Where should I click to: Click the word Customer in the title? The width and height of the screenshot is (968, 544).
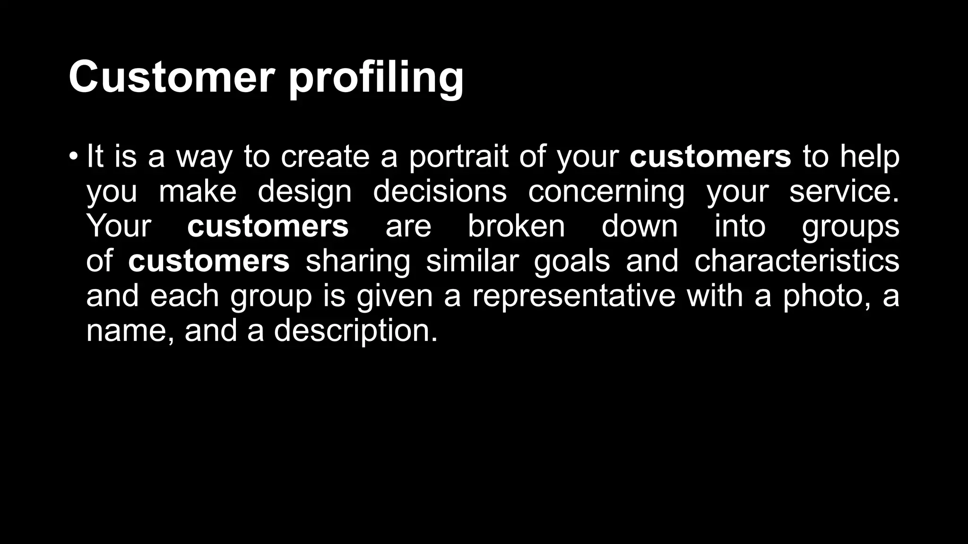pyautogui.click(x=172, y=77)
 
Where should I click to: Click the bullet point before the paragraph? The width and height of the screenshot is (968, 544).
pyautogui.click(x=72, y=156)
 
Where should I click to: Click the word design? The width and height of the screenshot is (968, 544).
pyautogui.click(x=304, y=191)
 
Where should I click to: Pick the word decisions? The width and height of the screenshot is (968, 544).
pyautogui.click(x=440, y=191)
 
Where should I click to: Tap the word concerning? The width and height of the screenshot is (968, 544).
pyautogui.click(x=606, y=191)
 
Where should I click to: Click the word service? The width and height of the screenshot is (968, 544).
pyautogui.click(x=844, y=191)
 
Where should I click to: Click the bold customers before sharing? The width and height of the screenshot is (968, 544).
pyautogui.click(x=208, y=261)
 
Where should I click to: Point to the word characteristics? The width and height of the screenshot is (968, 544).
pyautogui.click(x=796, y=261)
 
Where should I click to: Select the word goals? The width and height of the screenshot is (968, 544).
pyautogui.click(x=572, y=261)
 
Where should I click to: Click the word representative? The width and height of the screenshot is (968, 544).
pyautogui.click(x=574, y=296)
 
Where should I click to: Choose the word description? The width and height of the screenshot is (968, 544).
pyautogui.click(x=355, y=330)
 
